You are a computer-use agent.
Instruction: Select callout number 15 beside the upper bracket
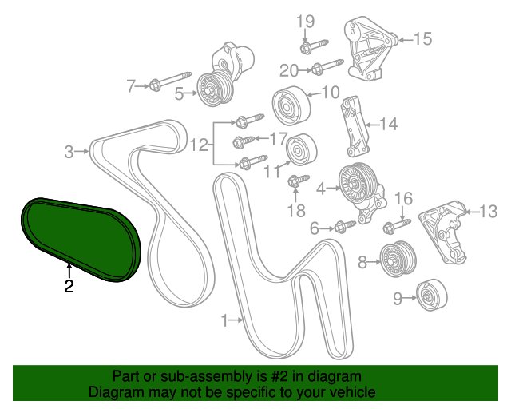click(422, 38)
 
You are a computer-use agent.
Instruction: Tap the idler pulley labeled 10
click(291, 105)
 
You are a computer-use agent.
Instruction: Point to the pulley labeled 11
click(302, 149)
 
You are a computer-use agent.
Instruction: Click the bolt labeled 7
click(170, 81)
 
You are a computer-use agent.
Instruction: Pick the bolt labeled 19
click(314, 46)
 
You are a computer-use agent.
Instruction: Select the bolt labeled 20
click(327, 66)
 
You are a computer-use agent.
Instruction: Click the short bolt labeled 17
click(244, 141)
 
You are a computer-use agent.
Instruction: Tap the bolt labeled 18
click(298, 181)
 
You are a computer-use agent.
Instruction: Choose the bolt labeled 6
click(345, 226)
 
